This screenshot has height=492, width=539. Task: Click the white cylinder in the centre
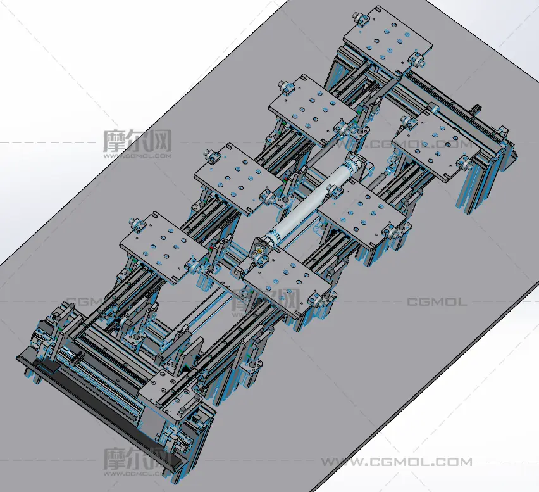pos(311,200)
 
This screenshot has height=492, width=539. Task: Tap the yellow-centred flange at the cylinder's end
pos(259,249)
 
